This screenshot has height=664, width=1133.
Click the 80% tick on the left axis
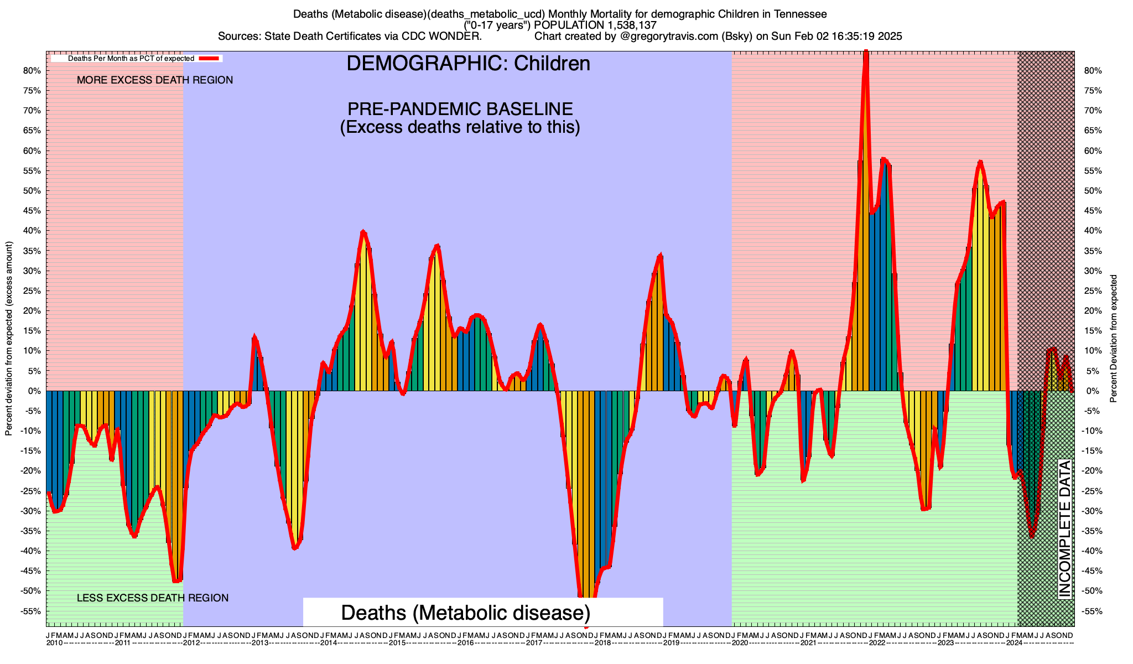[x=33, y=71]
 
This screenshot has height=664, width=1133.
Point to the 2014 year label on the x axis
[x=328, y=643]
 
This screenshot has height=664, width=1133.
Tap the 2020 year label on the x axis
[x=740, y=643]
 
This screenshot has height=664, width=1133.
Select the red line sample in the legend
[x=210, y=58]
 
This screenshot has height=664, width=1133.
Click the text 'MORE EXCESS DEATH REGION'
[x=155, y=80]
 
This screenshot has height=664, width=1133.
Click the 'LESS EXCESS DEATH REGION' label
[x=153, y=598]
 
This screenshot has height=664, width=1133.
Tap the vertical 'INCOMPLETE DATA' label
[x=1064, y=529]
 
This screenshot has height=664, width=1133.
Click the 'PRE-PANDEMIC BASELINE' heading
[x=460, y=108]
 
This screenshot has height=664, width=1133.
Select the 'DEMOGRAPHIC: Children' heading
[x=468, y=64]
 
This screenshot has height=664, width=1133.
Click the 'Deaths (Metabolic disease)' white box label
[x=466, y=613]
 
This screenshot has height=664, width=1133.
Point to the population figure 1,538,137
[x=622, y=25]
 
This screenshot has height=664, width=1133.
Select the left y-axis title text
[x=9, y=339]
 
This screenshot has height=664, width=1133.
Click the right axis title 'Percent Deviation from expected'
[x=1114, y=339]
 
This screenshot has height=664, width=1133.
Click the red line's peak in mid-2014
[x=363, y=231]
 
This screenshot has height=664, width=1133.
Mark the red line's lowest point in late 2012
[x=294, y=548]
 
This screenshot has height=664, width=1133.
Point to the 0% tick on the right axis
[x=1086, y=391]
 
